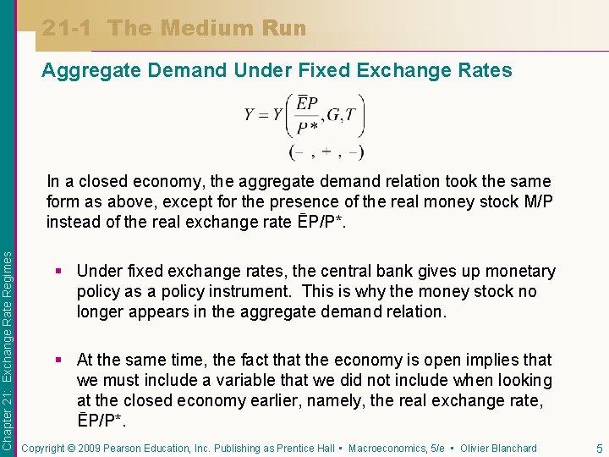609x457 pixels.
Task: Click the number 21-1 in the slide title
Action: pyautogui.click(x=69, y=28)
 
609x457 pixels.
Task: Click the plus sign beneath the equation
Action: pyautogui.click(x=326, y=152)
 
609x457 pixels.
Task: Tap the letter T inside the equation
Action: pyautogui.click(x=352, y=115)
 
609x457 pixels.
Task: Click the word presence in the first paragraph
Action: pyautogui.click(x=323, y=201)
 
